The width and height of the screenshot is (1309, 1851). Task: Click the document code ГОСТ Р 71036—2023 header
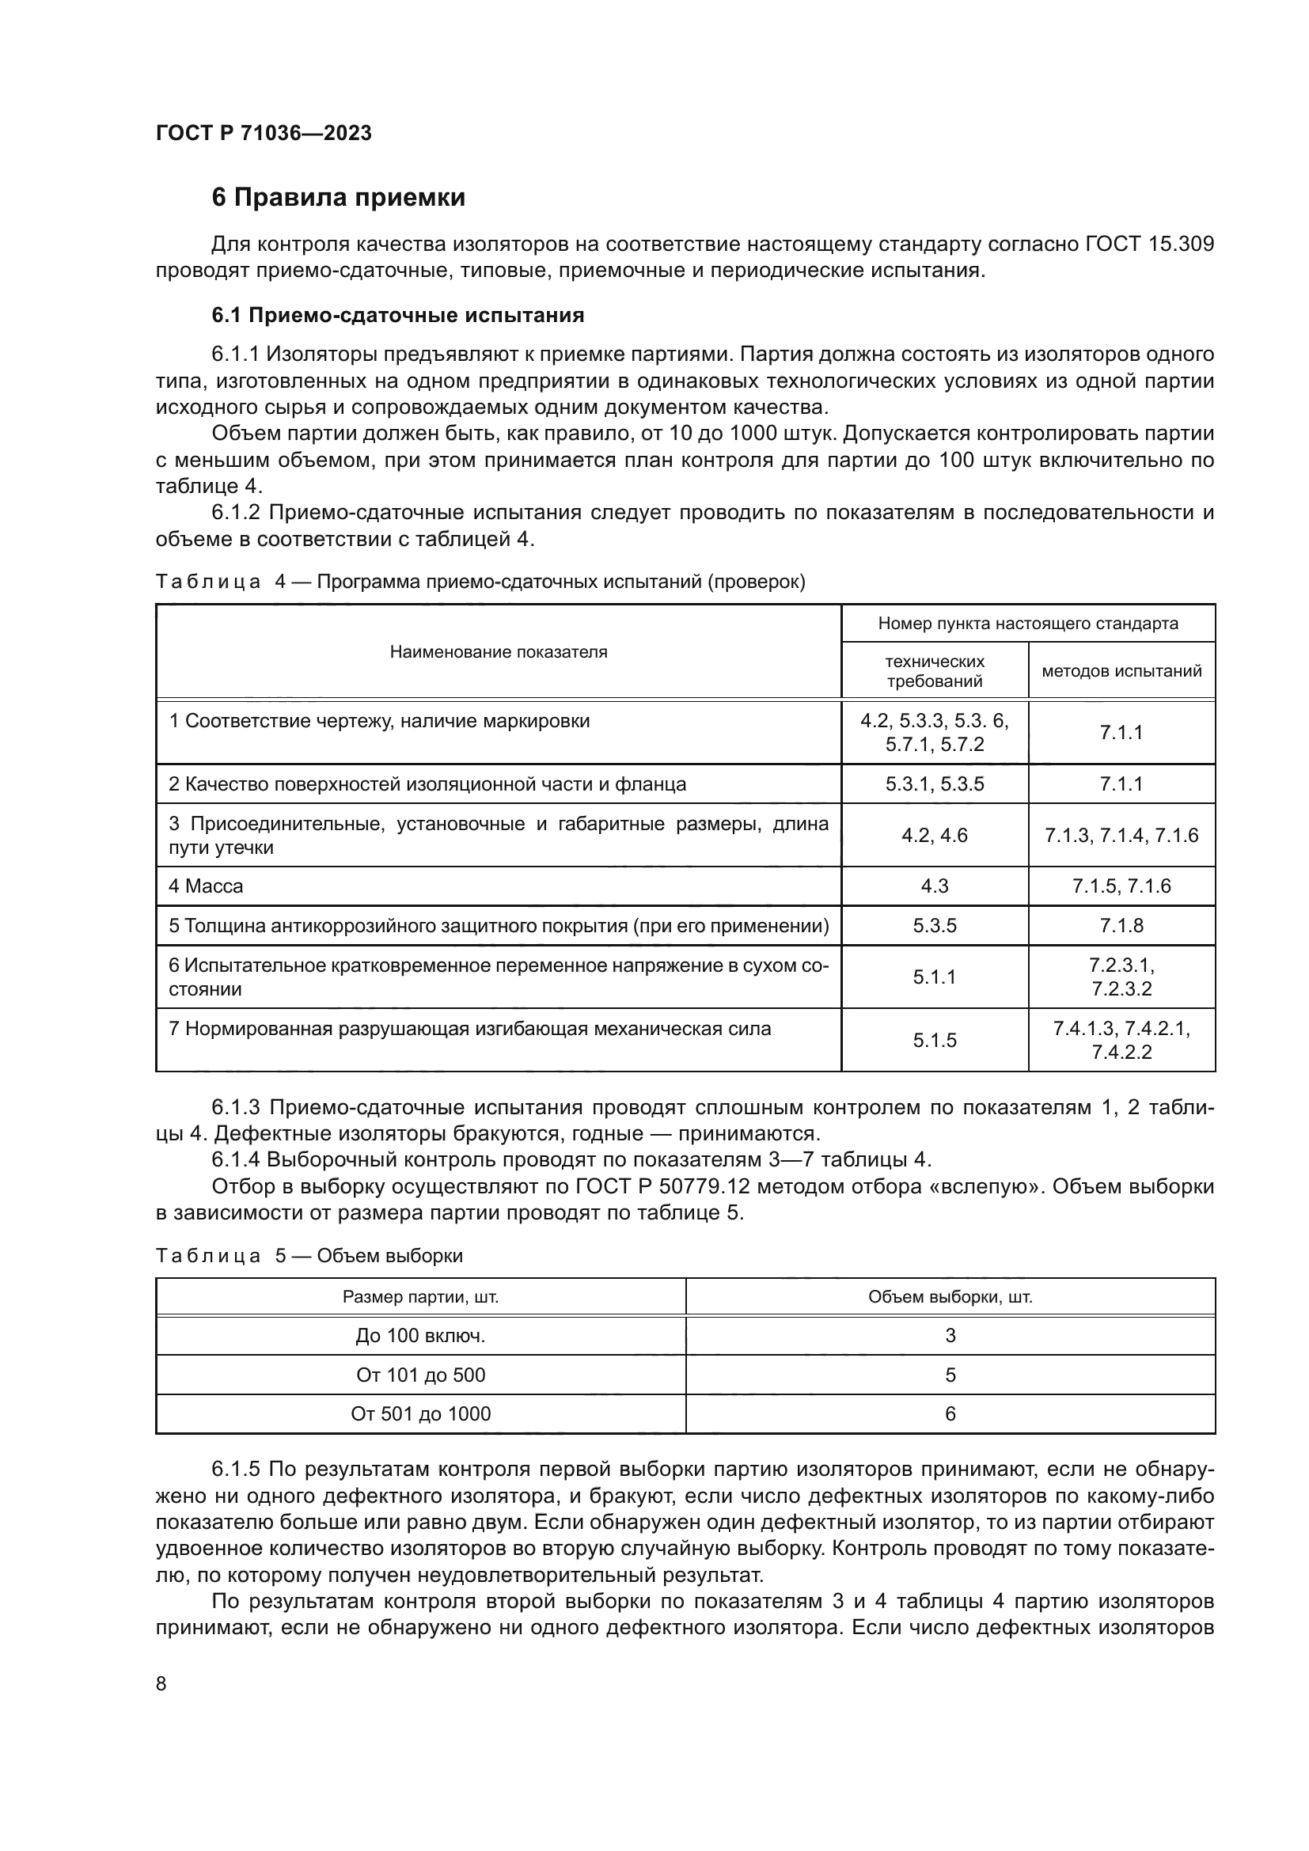264,133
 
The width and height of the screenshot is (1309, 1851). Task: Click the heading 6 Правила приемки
338,198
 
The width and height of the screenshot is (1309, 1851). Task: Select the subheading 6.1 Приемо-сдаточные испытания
397,315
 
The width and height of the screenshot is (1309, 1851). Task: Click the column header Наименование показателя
498,651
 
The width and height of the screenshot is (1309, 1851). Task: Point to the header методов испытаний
1121,671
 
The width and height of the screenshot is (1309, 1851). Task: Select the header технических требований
934,671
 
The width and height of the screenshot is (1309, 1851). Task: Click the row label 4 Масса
206,886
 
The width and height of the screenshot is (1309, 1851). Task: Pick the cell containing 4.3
934,886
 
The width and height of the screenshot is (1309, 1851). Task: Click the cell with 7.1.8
1121,926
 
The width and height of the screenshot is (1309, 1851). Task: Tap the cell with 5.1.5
934,1040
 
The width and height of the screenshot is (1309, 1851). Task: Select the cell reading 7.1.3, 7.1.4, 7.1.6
1121,835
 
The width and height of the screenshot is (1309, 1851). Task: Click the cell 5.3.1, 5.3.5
934,784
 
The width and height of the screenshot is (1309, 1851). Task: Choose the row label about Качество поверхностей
427,784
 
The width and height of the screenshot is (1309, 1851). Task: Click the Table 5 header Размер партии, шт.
421,1297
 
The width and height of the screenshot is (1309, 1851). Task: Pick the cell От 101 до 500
421,1375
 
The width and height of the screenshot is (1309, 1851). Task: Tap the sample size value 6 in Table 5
950,1414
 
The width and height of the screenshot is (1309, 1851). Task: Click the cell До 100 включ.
421,1336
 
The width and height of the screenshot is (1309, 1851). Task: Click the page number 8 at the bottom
161,1683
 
